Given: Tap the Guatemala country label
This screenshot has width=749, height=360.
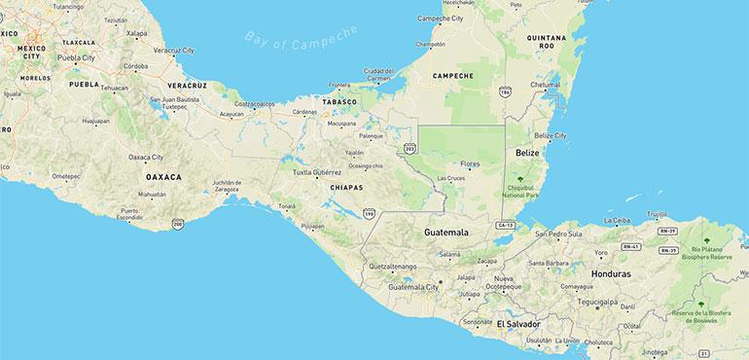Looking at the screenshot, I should point(446,234).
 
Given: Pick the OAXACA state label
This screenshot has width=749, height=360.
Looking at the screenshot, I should point(163,178).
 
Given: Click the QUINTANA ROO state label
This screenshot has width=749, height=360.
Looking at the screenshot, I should point(546,41).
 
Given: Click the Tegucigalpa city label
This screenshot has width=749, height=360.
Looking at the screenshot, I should point(602,302).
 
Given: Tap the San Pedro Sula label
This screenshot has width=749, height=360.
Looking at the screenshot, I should point(556,234).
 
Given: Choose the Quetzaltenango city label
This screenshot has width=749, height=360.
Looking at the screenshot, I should point(393,266).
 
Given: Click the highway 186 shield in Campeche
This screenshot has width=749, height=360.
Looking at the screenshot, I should point(505,91).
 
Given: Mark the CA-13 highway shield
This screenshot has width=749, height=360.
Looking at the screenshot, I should point(503,225).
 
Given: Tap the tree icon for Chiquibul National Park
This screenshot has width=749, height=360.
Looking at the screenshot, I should point(522,179).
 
